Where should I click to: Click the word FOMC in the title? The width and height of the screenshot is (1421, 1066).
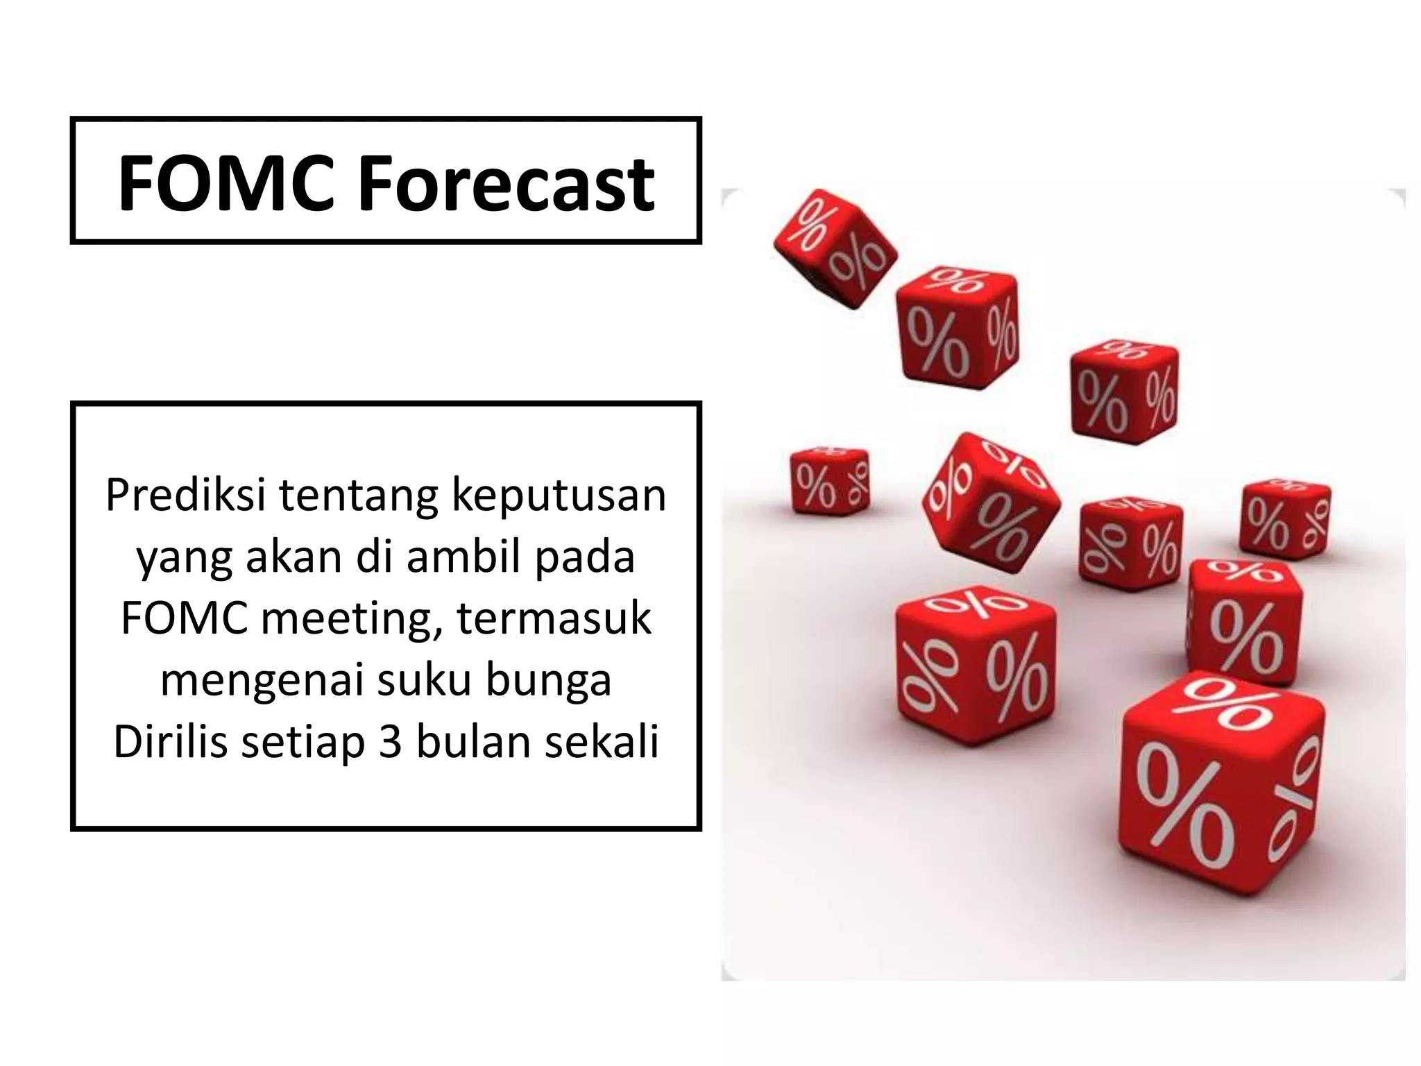(226, 183)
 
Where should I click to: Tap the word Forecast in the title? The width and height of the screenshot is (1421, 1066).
(506, 183)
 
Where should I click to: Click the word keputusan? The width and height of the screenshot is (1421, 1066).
(559, 496)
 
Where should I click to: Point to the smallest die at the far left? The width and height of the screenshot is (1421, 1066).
(830, 480)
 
